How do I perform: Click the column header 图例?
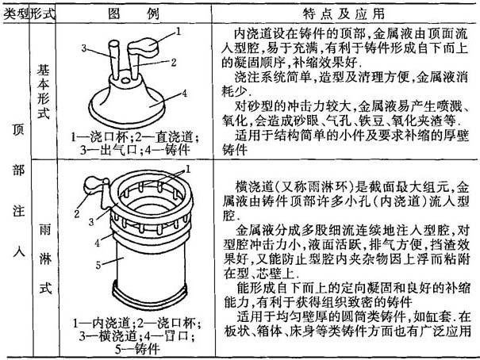(x=134, y=13)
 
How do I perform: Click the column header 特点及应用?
(x=344, y=13)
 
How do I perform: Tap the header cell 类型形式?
(x=29, y=13)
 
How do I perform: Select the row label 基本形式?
(x=43, y=92)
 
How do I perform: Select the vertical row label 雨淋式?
(x=45, y=259)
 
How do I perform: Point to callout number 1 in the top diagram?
(x=179, y=32)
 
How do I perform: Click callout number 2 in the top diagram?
(x=174, y=63)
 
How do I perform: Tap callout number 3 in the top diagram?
(x=84, y=48)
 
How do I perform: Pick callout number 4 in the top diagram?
(x=184, y=94)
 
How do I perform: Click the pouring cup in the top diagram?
(x=144, y=47)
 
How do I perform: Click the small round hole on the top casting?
(x=125, y=80)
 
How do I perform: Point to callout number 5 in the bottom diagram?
(x=98, y=265)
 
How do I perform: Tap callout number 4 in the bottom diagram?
(x=97, y=243)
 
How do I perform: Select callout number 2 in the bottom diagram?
(x=76, y=213)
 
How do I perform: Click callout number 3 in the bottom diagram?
(x=91, y=222)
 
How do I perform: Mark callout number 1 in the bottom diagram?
(x=188, y=169)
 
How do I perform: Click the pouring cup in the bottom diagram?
(x=93, y=184)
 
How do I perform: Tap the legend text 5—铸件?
(x=137, y=349)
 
